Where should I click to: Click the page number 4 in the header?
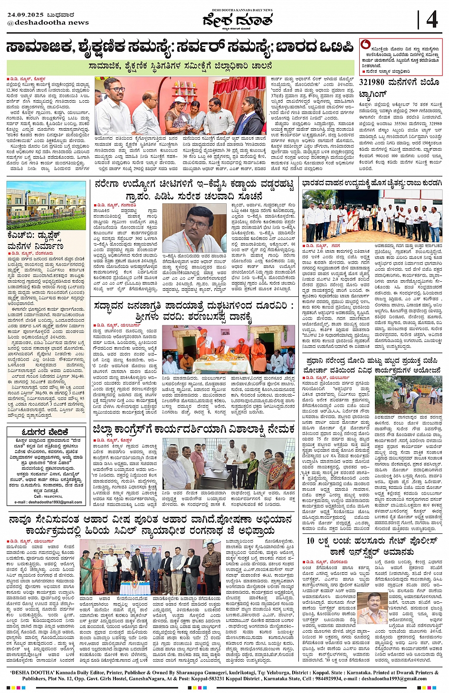click(432, 20)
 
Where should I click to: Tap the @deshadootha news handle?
click(48, 22)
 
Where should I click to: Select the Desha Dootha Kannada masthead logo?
click(237, 20)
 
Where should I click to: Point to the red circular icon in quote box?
click(365, 45)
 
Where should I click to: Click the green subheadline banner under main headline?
click(181, 66)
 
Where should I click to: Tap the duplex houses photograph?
click(46, 205)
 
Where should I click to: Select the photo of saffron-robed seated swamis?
click(228, 349)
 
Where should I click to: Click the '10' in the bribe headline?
click(310, 541)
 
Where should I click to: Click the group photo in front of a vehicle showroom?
click(372, 216)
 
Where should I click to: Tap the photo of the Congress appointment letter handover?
click(228, 463)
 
